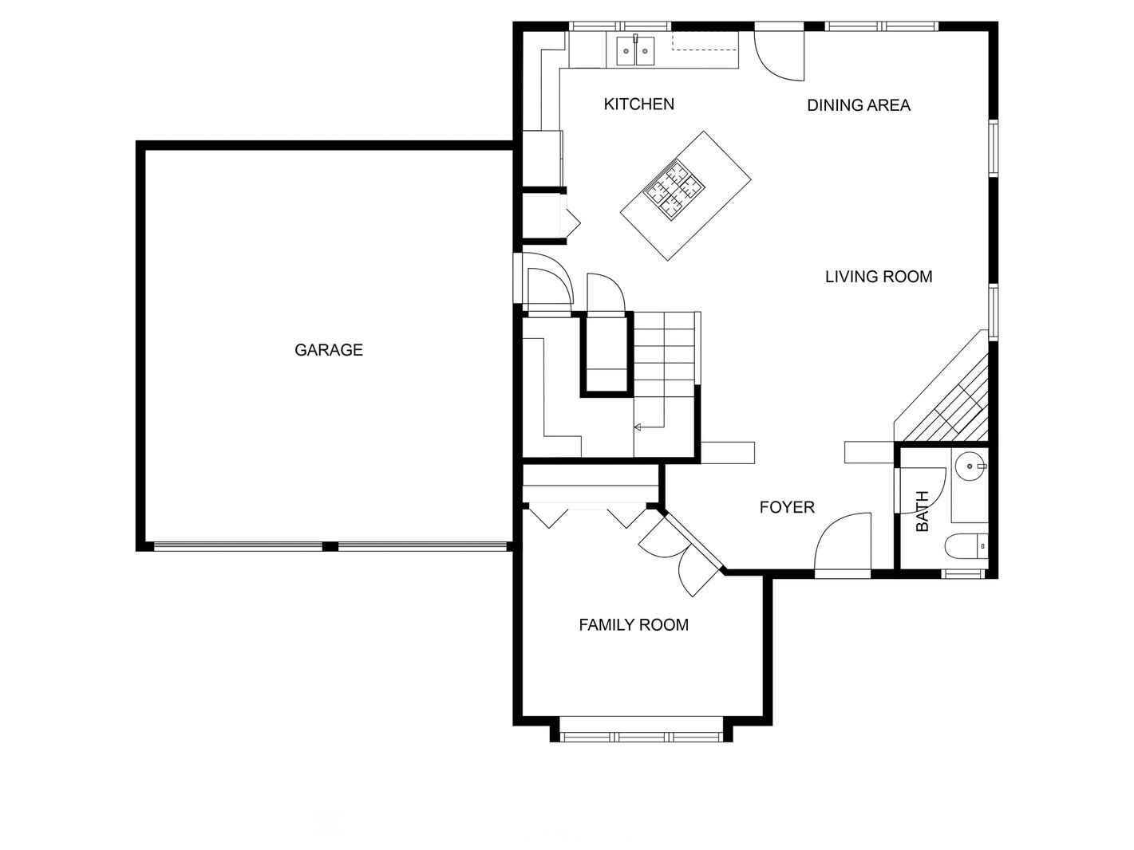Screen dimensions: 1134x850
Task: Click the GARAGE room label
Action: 329,350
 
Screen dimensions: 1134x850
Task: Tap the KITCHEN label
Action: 638,104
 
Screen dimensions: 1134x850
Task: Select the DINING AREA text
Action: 858,105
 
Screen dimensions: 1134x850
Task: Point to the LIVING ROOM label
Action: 879,277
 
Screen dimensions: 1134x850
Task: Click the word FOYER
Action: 787,507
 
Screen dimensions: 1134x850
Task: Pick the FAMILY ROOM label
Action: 634,625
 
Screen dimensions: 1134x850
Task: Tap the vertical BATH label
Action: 923,511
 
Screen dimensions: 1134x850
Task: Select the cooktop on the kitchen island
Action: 674,190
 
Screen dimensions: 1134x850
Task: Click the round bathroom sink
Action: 970,466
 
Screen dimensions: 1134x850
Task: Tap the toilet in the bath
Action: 966,546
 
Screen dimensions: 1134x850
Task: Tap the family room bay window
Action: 641,737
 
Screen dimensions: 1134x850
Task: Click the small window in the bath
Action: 960,573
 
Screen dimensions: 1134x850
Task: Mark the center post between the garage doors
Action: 330,546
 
